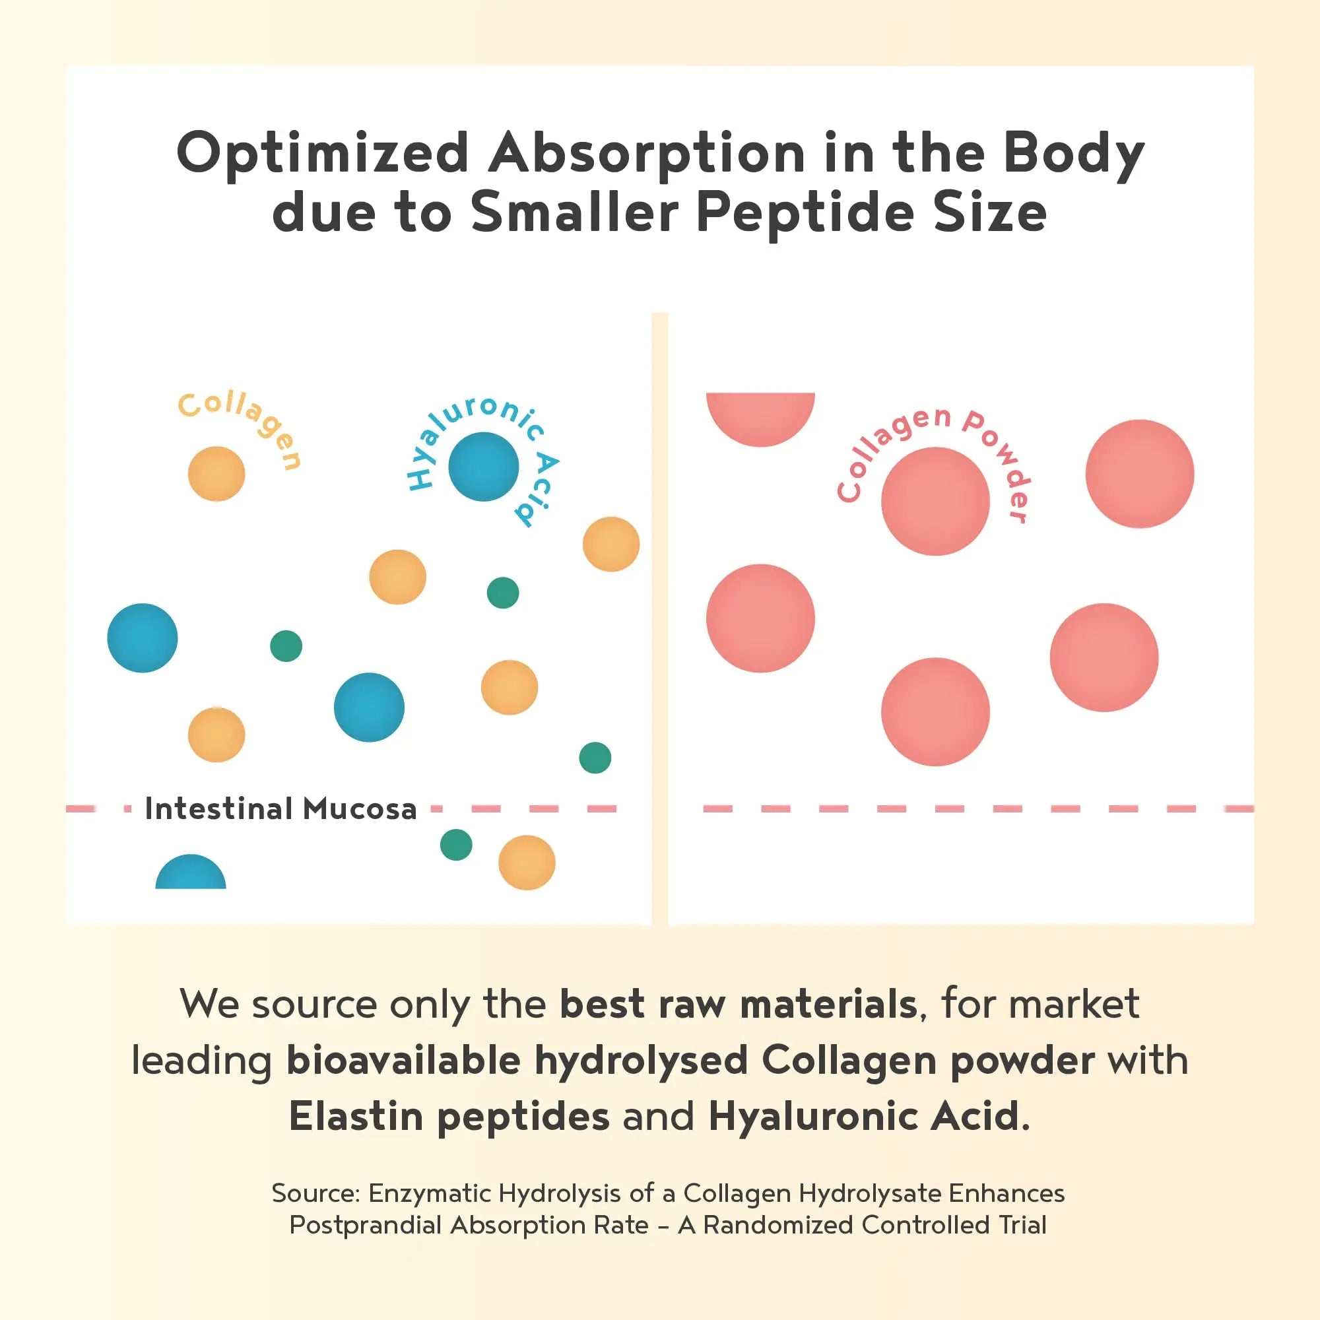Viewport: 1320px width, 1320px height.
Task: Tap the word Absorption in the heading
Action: pos(645,153)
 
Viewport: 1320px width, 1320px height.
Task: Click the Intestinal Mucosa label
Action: pos(280,809)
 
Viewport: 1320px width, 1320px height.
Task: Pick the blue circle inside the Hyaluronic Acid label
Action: pos(484,467)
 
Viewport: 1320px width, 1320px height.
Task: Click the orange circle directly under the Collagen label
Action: pos(216,473)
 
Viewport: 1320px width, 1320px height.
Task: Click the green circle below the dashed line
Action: pos(455,845)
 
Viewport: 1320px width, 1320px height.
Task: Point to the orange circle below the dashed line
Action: pos(527,862)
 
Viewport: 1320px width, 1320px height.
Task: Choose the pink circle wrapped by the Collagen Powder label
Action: pos(935,502)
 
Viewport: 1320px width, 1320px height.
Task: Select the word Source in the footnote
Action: pos(315,1193)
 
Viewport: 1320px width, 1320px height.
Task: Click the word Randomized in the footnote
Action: pos(778,1225)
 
